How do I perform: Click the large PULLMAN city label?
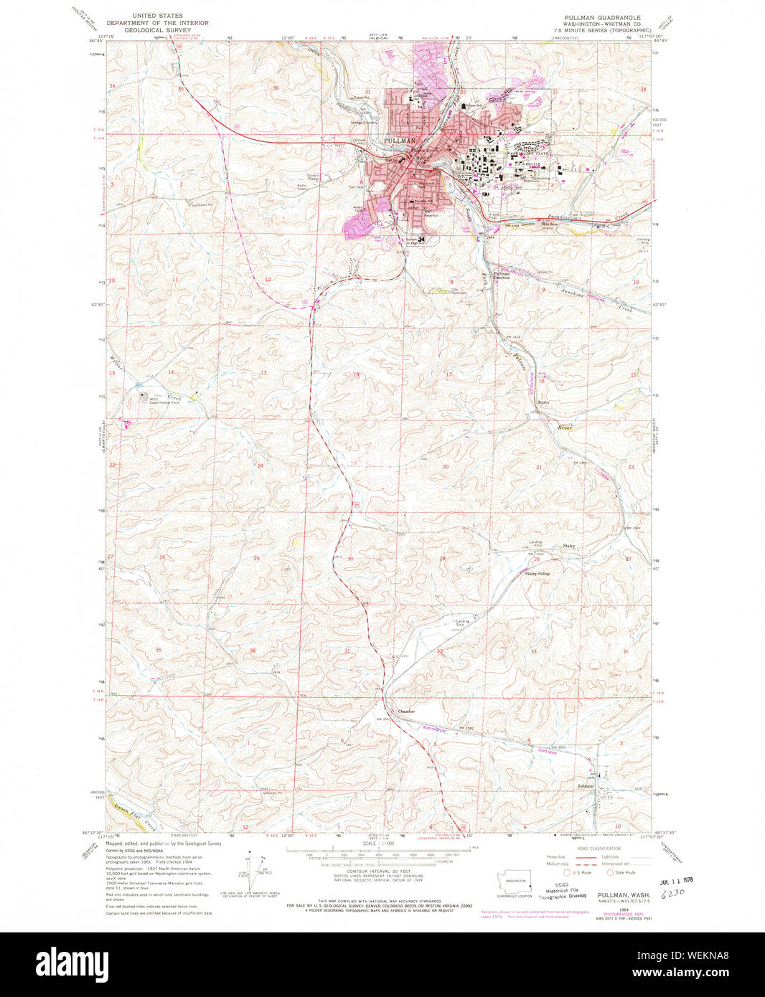point(400,141)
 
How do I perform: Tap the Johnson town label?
point(586,786)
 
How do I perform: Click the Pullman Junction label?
point(502,275)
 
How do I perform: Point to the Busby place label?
point(543,402)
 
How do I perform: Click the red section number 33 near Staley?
point(533,651)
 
